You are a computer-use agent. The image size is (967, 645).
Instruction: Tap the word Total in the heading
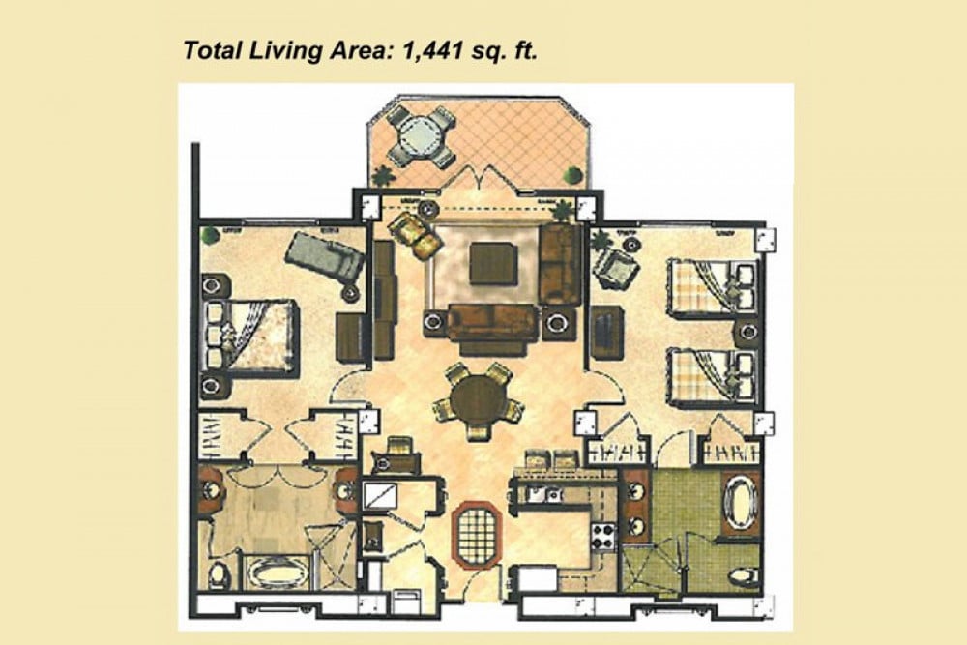coord(210,50)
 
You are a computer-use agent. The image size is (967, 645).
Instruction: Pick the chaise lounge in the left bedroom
coord(324,259)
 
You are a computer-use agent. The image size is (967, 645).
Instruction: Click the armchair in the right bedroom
coord(613,264)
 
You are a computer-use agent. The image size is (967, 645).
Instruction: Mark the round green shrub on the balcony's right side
coord(574,175)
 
